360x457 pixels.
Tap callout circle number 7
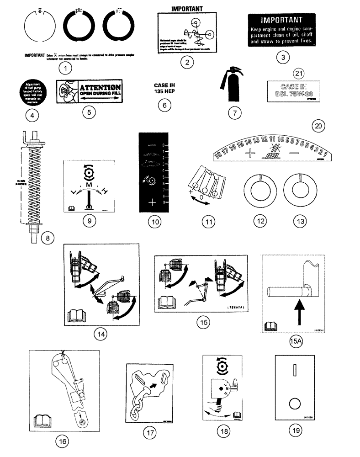[234, 112]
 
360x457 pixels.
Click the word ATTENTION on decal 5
[100, 87]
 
